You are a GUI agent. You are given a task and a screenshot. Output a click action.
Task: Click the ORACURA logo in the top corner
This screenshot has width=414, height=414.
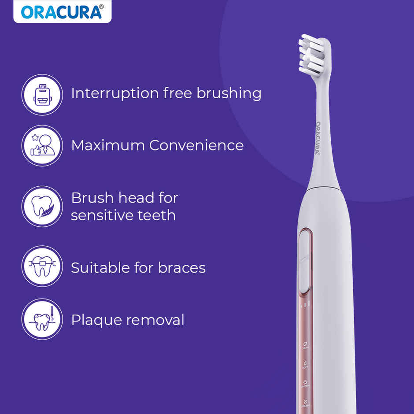pos(62,12)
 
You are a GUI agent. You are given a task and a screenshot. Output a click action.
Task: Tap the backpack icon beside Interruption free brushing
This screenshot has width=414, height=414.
pos(42,94)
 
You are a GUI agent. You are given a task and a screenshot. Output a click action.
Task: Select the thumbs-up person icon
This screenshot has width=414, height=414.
pos(42,146)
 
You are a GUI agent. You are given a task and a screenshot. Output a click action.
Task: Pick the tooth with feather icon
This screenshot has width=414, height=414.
pos(42,206)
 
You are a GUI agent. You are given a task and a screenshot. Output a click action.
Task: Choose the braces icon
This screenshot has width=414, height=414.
pos(42,266)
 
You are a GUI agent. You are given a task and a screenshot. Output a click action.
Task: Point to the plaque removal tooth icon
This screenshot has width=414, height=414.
pos(42,319)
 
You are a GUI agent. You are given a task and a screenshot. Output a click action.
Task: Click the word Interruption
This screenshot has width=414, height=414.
pos(115,93)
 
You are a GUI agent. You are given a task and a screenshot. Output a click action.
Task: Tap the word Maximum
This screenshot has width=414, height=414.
pos(108,145)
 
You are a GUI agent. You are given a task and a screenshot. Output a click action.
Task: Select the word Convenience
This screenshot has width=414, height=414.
pos(196,145)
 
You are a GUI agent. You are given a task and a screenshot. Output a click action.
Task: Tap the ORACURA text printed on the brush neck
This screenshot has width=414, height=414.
pos(318,137)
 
